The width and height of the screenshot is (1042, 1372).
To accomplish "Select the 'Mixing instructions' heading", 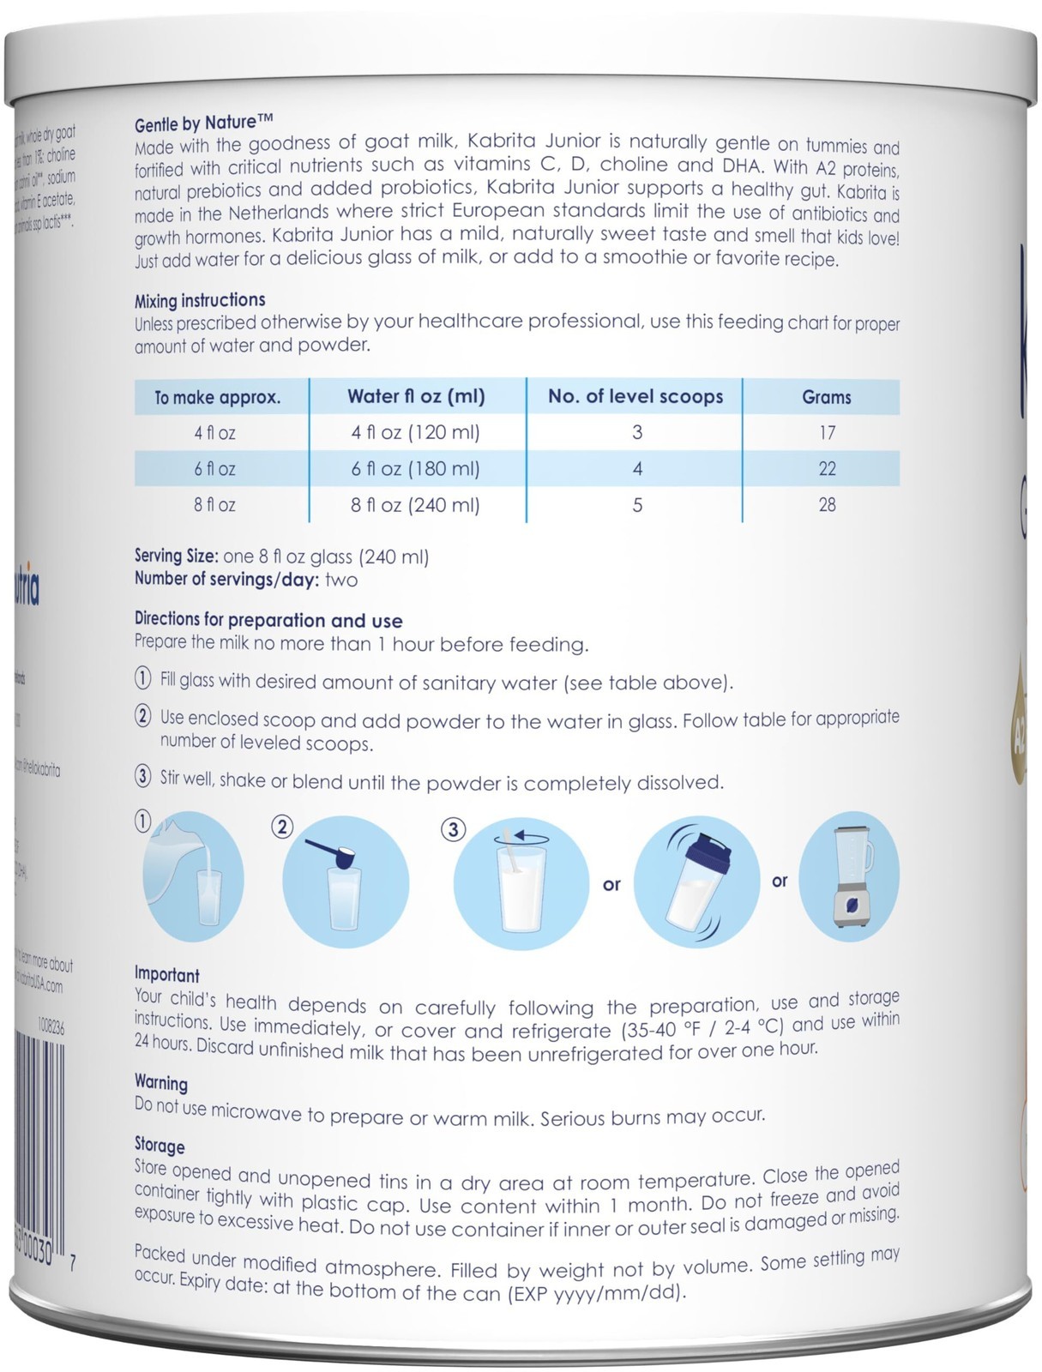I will point(200,300).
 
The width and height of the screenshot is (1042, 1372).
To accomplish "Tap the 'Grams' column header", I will point(826,397).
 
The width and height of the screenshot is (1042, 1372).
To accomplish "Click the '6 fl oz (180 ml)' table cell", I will point(416,468).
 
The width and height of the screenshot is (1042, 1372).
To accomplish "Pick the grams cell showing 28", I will point(826,504).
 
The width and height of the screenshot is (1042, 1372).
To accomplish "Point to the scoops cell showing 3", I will point(636,432).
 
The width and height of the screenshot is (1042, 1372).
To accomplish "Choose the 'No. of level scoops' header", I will point(635,396).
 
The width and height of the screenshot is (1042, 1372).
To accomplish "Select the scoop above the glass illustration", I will point(345,882).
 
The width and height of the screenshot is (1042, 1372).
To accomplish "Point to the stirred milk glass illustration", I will point(521,883).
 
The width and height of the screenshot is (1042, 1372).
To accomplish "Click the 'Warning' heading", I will point(160,1082).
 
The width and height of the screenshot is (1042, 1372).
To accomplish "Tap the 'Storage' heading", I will point(160,1145).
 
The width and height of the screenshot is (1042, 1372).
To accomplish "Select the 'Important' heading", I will point(166,974).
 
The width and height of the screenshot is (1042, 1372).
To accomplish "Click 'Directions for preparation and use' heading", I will point(268,620).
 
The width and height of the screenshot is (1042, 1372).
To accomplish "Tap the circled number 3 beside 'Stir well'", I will point(143,778).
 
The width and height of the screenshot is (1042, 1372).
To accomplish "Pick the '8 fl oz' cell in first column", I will point(214,504).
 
